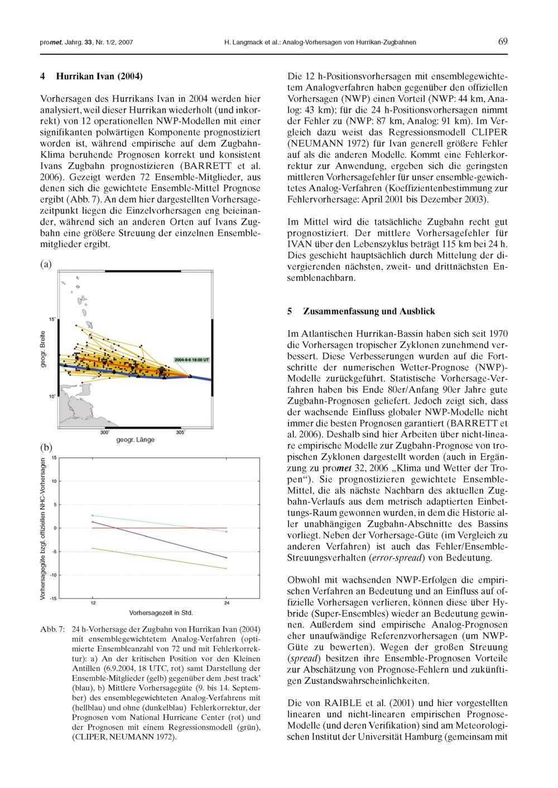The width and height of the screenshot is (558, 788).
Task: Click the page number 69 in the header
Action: click(x=502, y=41)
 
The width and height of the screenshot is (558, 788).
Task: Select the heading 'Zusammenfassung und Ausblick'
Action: click(x=369, y=311)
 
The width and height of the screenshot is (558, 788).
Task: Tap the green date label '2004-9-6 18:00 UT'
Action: click(x=191, y=360)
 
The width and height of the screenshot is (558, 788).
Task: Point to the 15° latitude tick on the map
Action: click(x=52, y=320)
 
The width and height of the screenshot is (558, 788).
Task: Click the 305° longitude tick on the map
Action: click(x=181, y=433)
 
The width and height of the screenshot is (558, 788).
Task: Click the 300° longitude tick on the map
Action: click(x=105, y=433)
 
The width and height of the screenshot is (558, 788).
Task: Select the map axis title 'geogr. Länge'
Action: click(x=136, y=440)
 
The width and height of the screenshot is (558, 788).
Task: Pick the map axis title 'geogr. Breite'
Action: click(x=42, y=350)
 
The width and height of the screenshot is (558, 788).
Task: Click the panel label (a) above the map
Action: click(x=46, y=264)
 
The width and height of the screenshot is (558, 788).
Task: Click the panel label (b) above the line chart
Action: click(x=46, y=447)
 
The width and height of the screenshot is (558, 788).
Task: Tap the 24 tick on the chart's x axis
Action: click(x=227, y=603)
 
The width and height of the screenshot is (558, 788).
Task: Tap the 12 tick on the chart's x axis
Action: click(x=92, y=603)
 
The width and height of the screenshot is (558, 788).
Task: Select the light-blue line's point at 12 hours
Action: click(x=92, y=515)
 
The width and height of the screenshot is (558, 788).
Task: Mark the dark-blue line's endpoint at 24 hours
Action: click(x=227, y=558)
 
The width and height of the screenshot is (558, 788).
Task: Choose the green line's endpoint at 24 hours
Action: click(x=227, y=569)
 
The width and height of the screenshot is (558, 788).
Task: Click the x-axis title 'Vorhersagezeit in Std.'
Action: click(x=161, y=612)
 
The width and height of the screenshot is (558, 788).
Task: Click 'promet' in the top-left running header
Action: click(x=51, y=42)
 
